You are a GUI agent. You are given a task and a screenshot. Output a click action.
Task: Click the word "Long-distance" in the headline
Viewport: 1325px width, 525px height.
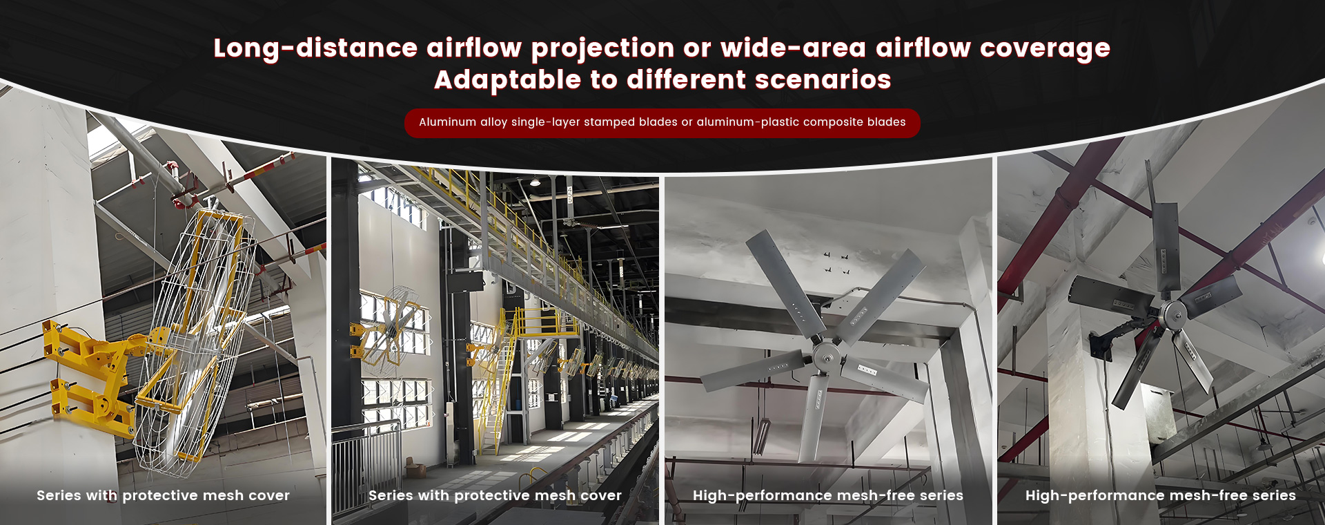315,48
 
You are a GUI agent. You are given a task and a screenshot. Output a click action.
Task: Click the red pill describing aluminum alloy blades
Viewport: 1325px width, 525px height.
662,123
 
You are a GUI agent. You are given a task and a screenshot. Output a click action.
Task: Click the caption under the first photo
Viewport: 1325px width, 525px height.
163,495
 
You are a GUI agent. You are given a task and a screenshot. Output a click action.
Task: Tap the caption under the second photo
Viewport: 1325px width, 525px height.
495,495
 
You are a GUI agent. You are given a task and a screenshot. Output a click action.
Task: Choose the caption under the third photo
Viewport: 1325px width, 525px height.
827,495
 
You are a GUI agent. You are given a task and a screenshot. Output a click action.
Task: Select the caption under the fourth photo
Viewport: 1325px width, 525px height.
1160,495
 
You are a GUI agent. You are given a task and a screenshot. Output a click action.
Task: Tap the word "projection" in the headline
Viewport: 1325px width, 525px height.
602,48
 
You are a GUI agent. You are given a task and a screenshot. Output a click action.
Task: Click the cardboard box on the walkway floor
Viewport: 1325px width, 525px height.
415,469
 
